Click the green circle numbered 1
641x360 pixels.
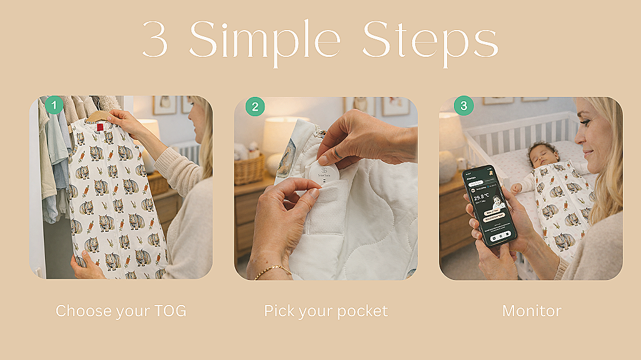[54, 105]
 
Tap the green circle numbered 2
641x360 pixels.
[255, 106]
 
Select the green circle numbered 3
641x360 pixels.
[463, 106]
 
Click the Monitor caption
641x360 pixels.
[532, 311]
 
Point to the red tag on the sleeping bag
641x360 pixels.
[100, 127]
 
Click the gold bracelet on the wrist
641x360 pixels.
[273, 270]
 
